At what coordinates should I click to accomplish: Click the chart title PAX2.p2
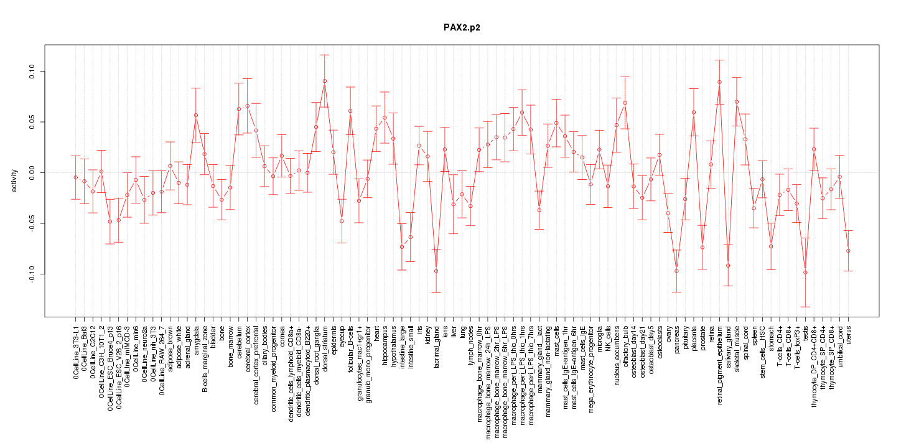coord(462,27)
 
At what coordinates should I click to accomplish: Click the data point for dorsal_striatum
coord(325,81)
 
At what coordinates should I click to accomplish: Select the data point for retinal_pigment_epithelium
coord(719,82)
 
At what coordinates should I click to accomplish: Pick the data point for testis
coord(805,273)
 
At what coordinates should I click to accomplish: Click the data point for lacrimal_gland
coord(436,271)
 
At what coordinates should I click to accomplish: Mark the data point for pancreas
coord(676,271)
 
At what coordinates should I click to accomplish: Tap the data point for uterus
coord(848,251)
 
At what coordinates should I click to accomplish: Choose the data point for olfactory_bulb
coord(625,103)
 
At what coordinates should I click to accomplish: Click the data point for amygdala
coord(196,115)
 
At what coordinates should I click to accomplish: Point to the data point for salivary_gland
coord(728,266)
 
